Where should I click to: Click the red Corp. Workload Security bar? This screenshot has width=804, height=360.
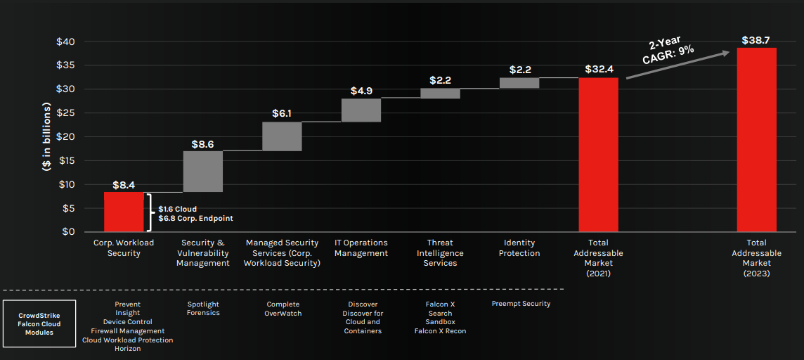pos(124,212)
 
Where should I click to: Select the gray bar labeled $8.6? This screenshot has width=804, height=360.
pos(203,172)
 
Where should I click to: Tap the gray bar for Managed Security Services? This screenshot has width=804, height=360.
pos(282,136)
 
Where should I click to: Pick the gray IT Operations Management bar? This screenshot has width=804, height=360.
pos(361,110)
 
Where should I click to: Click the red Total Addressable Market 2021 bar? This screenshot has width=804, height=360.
pos(598,154)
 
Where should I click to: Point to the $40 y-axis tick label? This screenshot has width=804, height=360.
pos(66,41)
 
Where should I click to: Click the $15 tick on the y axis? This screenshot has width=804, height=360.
pos(66,160)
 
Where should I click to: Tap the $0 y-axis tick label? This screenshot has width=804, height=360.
pos(69,231)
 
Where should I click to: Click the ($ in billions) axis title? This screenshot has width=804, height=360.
pos(46,136)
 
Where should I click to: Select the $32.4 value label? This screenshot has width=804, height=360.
pos(599,69)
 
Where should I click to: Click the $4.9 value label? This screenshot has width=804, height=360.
pos(361,91)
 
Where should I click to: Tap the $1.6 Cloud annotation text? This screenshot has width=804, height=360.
pos(177,209)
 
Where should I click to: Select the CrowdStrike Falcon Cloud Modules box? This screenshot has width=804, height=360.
pos(39,323)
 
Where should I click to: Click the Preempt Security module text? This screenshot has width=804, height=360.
pos(521,304)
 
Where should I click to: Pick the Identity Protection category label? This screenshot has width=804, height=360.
pos(519,247)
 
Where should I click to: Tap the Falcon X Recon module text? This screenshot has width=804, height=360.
pos(440,331)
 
